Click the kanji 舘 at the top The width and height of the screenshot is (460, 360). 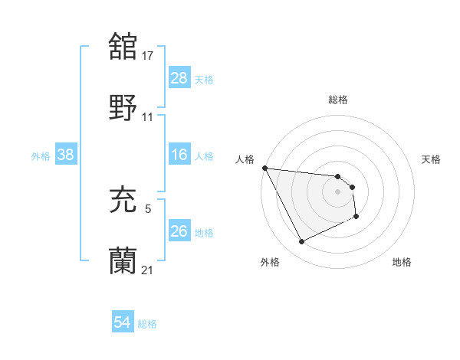(x=123, y=46)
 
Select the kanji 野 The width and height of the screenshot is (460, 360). (x=123, y=108)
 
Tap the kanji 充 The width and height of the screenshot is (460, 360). (x=123, y=200)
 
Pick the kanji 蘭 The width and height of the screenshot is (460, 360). (x=123, y=261)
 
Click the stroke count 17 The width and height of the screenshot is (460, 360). (x=148, y=55)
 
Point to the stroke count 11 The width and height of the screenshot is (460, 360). (x=148, y=117)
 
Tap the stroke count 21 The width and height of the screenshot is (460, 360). (x=148, y=270)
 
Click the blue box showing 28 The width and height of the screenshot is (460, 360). (x=179, y=78)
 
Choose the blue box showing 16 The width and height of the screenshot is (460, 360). (x=179, y=155)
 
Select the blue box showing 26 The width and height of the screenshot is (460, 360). (x=179, y=231)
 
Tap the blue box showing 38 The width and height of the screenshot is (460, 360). (x=66, y=155)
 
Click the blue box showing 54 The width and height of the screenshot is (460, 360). (x=122, y=322)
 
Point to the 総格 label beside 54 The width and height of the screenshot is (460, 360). (x=147, y=324)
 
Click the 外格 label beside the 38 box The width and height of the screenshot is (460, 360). (x=41, y=156)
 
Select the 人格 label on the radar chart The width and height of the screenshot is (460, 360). (x=244, y=159)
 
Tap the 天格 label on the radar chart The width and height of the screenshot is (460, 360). (x=432, y=159)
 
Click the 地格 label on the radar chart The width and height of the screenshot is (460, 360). (x=402, y=263)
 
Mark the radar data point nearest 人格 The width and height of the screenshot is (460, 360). (x=265, y=168)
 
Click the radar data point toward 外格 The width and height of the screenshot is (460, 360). (x=301, y=242)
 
